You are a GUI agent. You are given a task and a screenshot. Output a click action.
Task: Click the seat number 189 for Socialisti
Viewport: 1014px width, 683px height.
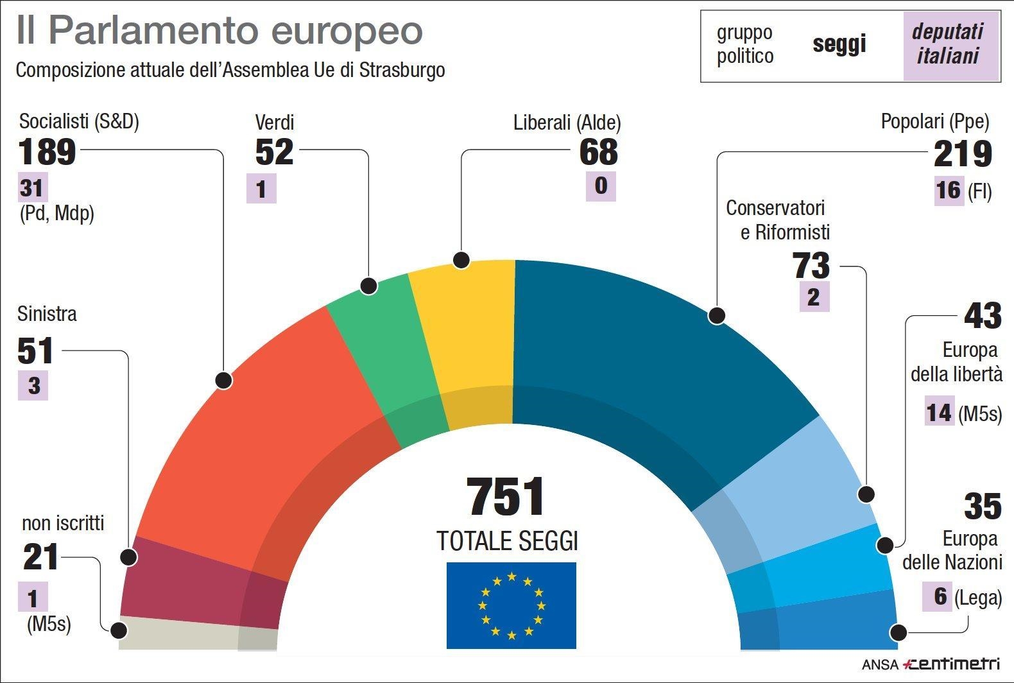click(x=47, y=152)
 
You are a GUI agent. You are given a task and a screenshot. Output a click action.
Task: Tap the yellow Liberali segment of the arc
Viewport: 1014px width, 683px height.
click(x=468, y=334)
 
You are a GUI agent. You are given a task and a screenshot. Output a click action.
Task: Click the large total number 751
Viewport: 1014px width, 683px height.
click(x=506, y=497)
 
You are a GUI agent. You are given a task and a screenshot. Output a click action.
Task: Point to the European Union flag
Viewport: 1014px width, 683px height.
click(x=511, y=605)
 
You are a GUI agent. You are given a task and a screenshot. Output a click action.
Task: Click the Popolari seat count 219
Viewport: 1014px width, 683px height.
click(x=962, y=154)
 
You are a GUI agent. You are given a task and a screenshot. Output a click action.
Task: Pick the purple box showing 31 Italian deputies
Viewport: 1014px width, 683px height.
click(x=32, y=189)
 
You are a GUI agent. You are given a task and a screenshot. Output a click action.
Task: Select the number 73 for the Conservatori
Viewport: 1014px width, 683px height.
click(x=811, y=266)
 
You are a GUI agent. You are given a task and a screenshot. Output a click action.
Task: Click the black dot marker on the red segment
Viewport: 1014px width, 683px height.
click(x=223, y=380)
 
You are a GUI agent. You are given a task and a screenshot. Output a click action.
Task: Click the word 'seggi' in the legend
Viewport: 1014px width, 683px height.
click(x=839, y=44)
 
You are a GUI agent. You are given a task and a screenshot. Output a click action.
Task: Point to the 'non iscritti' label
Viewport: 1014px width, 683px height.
click(x=63, y=523)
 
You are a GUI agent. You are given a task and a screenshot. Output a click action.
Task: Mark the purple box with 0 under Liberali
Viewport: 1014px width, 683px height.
click(x=601, y=186)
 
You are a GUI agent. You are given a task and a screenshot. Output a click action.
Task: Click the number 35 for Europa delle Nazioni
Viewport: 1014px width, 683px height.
click(x=982, y=506)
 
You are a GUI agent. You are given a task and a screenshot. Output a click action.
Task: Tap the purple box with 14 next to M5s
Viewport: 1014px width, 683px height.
click(x=939, y=412)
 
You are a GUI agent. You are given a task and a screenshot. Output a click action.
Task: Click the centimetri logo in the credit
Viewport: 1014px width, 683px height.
click(x=950, y=664)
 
